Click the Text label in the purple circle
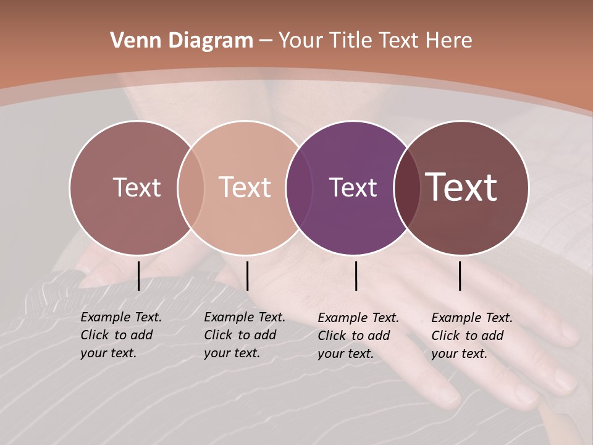click(353, 188)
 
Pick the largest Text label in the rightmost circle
click(461, 187)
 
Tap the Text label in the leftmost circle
click(137, 188)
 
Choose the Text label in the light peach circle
click(245, 188)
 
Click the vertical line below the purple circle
click(356, 276)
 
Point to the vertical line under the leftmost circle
click(138, 276)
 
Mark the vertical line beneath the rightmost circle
click(460, 276)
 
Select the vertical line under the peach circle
click(247, 276)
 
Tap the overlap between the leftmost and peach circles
click(191, 188)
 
